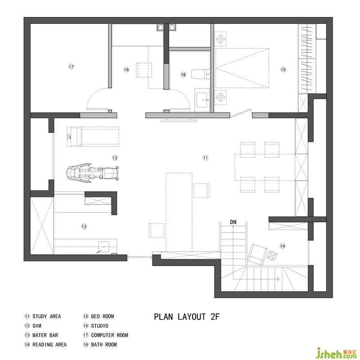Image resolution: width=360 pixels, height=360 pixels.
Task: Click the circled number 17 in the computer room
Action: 71,67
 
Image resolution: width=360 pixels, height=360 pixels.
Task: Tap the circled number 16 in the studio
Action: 126,70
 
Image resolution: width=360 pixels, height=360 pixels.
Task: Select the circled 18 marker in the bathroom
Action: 183,75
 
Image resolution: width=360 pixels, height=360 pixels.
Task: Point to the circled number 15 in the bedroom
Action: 283,69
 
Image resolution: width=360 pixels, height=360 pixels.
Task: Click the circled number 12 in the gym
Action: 115,158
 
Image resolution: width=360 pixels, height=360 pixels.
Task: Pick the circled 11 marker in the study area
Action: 205,158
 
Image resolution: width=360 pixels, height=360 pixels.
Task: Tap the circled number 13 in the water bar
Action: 84,227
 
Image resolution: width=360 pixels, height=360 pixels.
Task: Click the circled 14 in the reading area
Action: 283,246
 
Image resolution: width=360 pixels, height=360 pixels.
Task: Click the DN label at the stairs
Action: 233,222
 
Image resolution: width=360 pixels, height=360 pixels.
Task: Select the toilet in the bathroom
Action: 201,74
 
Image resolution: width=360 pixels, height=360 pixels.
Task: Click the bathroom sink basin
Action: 202,100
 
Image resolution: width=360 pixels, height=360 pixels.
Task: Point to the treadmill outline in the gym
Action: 93,136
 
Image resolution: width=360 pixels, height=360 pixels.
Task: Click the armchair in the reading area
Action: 257,254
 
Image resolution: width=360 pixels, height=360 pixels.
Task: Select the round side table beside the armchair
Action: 273,256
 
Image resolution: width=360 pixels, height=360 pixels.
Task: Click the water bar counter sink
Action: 103,247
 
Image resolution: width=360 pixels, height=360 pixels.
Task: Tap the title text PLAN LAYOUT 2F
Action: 187,317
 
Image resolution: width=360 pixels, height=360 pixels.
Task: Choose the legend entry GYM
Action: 37,326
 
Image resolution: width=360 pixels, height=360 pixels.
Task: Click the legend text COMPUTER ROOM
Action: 109,335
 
